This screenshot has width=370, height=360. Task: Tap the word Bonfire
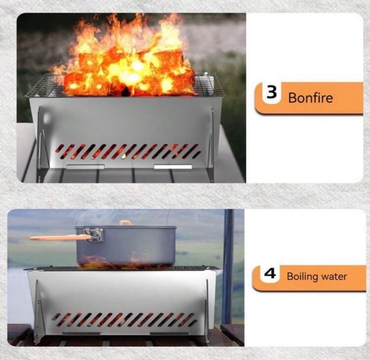(x=310, y=98)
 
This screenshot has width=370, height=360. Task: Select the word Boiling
(x=302, y=276)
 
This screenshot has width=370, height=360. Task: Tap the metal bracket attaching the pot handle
(x=95, y=235)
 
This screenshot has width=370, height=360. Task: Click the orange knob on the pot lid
(x=126, y=223)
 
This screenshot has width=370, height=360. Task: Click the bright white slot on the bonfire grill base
(x=173, y=167)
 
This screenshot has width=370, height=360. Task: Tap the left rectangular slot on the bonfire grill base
(x=85, y=166)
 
